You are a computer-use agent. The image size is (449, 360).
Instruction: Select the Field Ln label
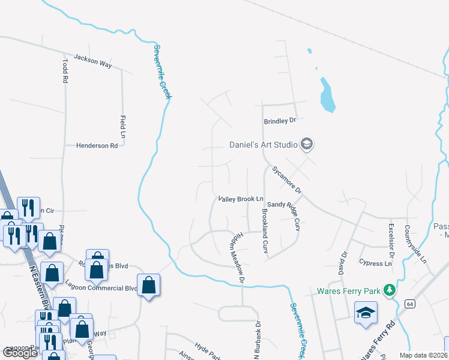click(123, 127)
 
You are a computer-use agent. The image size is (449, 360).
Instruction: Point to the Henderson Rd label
click(97, 146)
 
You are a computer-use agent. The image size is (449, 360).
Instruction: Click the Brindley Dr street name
click(280, 121)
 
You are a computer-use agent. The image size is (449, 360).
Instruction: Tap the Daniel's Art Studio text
click(264, 145)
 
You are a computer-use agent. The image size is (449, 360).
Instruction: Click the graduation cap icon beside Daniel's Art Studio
click(307, 144)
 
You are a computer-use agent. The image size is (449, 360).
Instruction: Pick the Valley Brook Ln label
click(241, 199)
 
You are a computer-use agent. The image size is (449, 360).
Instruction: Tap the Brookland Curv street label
click(264, 230)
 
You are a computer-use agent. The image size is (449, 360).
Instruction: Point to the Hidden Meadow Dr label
click(237, 256)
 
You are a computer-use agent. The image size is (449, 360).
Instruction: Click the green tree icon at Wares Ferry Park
click(390, 290)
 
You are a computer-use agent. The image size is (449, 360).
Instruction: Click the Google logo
click(20, 352)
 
